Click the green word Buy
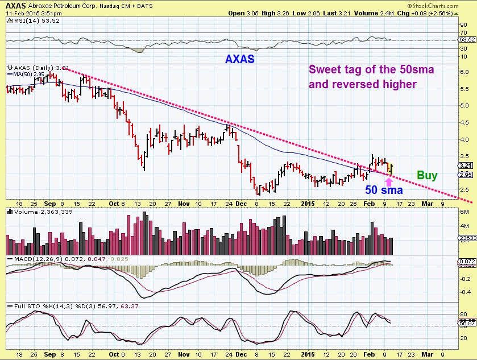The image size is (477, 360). click(427, 175)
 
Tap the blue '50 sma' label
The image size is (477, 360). click(385, 190)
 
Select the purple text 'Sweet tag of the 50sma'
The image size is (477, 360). click(362, 70)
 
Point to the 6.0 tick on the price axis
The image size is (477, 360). click(464, 72)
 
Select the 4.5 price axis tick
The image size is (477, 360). click(464, 122)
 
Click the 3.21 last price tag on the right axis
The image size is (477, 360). click(464, 165)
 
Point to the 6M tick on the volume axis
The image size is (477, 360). click(463, 211)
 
